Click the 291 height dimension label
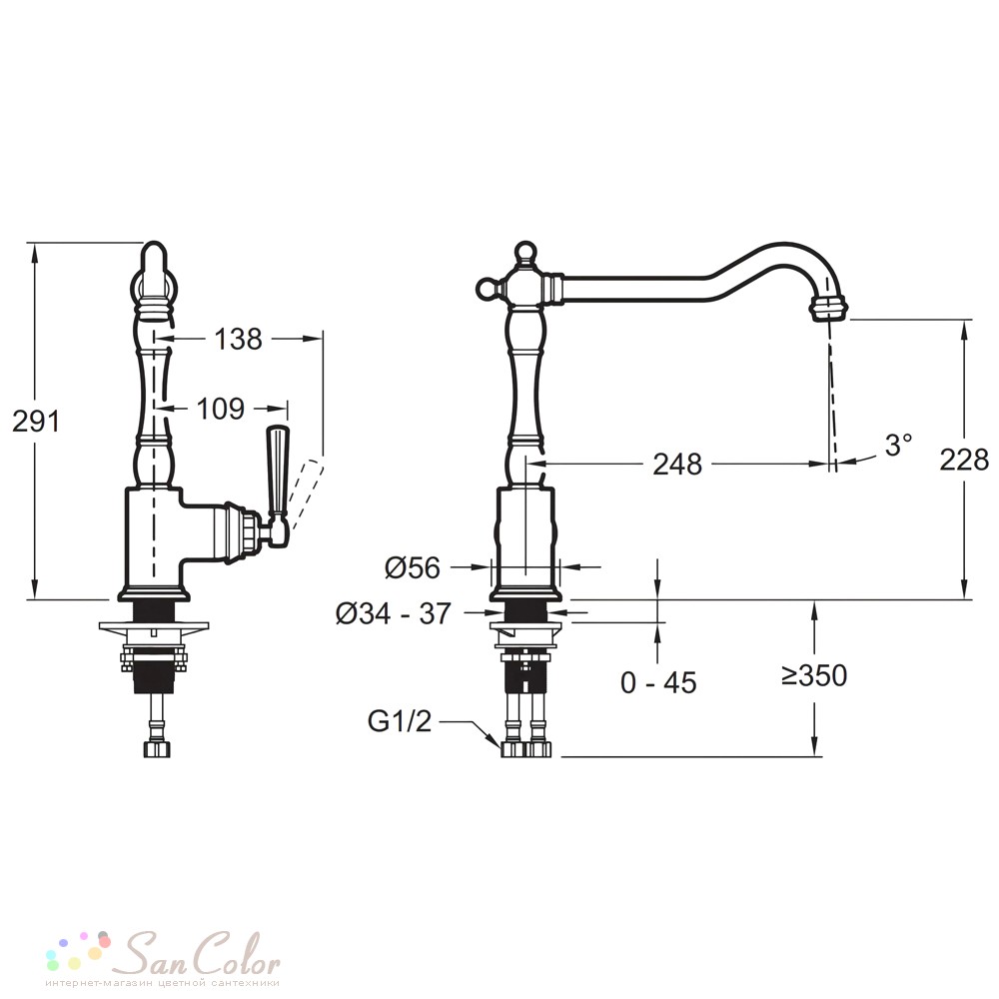(x=36, y=422)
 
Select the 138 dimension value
(x=238, y=339)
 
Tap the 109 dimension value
(x=220, y=409)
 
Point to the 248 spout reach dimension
(x=677, y=465)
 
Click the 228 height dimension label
(x=964, y=460)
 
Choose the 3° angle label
(x=898, y=445)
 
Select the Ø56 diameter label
(x=413, y=567)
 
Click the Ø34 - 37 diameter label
(x=394, y=613)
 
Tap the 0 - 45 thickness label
(x=658, y=683)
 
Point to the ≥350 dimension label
(x=815, y=675)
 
